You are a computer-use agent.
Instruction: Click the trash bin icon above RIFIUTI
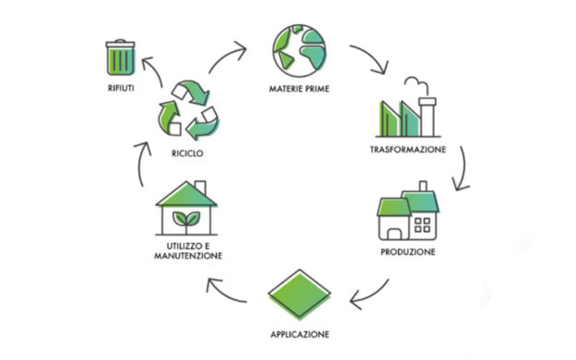coord(121,57)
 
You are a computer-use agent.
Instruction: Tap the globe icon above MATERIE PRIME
coord(299,51)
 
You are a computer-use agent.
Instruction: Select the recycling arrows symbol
coord(187,110)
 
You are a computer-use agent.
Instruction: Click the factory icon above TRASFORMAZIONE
coord(408,107)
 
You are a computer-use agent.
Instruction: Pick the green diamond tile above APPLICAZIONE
coord(300,294)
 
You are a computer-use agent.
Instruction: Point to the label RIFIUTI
coord(121,89)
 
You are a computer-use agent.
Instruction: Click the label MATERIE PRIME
coord(299,89)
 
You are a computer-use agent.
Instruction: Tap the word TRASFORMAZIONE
coord(408,150)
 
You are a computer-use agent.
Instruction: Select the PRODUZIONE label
coord(408,252)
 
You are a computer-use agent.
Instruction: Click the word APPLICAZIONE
coord(300,335)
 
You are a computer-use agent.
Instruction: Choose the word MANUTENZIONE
coord(188,256)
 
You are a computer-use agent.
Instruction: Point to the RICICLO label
coord(187,153)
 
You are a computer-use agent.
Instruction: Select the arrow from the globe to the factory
coord(372,55)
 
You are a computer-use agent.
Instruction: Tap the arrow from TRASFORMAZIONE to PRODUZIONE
coord(464,168)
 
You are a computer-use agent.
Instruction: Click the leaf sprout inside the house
coord(186,221)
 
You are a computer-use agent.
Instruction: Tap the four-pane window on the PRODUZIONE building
coord(423,225)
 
